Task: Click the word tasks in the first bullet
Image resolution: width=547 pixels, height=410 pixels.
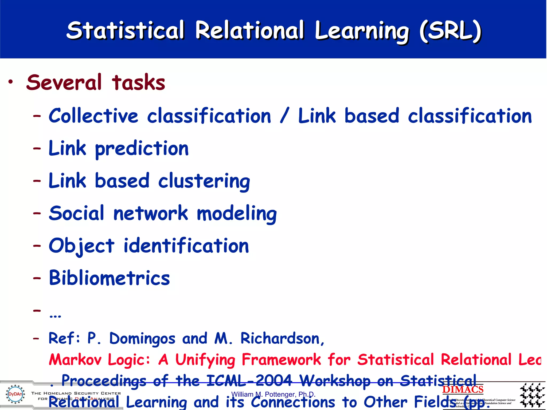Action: coord(138,82)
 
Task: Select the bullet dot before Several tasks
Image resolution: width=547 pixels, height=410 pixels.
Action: coord(10,82)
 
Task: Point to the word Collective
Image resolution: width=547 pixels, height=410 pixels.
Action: coord(93,116)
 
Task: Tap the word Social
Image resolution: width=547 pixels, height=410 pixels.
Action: coord(76,214)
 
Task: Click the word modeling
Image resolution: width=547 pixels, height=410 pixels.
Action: coord(237,214)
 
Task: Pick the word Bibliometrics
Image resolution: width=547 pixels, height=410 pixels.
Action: coord(110,278)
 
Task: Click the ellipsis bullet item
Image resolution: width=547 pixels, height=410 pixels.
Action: coord(55,315)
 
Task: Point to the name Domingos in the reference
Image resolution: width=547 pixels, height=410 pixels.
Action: coord(142,338)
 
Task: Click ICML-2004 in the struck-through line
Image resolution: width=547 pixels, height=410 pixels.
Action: coord(249,380)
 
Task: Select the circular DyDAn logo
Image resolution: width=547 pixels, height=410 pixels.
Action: coord(15,394)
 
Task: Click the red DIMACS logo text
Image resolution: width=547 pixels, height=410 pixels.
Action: coord(463,389)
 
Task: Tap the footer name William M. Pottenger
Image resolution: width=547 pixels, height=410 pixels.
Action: coord(273,394)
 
